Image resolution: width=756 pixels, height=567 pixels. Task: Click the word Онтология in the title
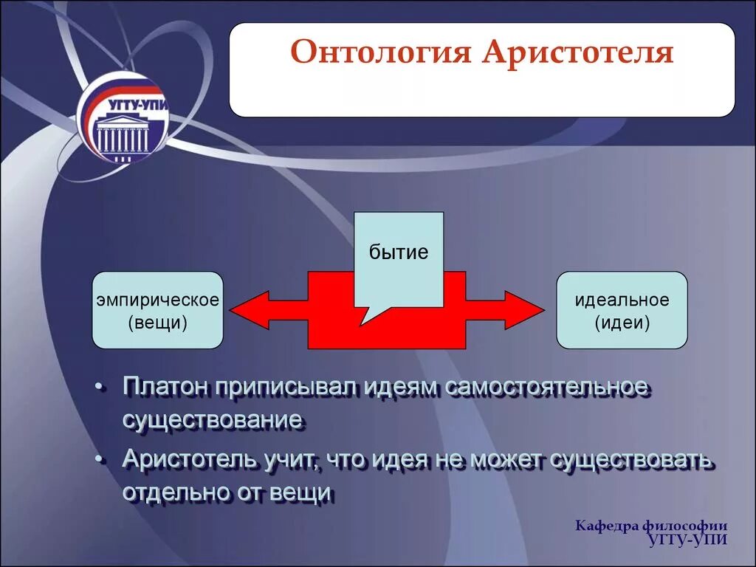tap(380, 52)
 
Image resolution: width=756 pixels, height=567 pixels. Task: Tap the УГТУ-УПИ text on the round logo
tap(138, 105)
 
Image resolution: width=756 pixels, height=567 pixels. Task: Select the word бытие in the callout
tap(399, 252)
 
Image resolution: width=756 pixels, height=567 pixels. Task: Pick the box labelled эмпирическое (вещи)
tap(158, 310)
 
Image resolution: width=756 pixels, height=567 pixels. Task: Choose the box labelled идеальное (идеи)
tap(622, 310)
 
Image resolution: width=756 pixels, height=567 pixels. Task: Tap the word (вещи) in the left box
tap(158, 322)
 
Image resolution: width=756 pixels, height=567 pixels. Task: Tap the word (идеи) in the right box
tap(622, 322)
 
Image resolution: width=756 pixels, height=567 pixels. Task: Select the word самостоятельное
tap(547, 387)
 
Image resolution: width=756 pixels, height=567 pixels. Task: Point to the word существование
tap(213, 420)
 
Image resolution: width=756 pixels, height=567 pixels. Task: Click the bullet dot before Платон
tap(99, 387)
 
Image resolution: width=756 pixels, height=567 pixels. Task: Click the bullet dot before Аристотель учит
tap(99, 460)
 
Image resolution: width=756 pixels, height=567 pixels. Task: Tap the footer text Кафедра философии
tap(651, 526)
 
